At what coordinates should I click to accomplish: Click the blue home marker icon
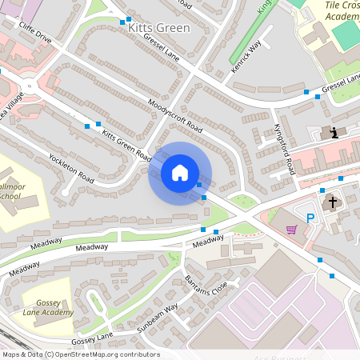[x=180, y=173]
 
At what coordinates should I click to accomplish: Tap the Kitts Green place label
[x=158, y=28]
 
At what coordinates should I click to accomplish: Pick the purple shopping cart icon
[x=292, y=230]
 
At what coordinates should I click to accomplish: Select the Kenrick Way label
[x=247, y=58]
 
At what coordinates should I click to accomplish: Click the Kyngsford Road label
[x=285, y=140]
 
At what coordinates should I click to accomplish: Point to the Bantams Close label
[x=206, y=282]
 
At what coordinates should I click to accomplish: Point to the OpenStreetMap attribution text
[x=80, y=354]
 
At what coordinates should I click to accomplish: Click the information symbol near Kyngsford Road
[x=334, y=133]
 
